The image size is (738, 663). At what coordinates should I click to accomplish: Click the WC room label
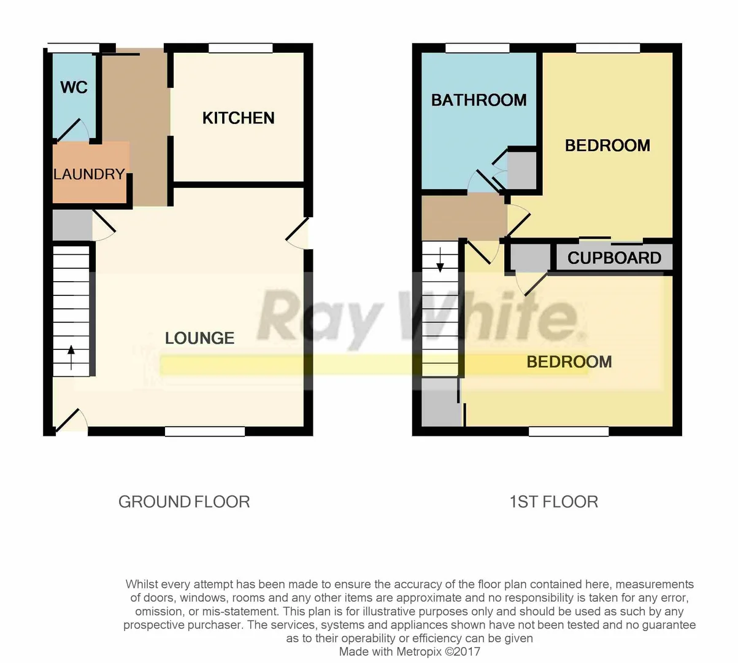pyautogui.click(x=74, y=87)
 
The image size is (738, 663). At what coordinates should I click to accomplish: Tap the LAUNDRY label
pyautogui.click(x=89, y=174)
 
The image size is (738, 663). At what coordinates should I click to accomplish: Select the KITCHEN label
pyautogui.click(x=238, y=118)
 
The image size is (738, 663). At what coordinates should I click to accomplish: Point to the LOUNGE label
pyautogui.click(x=199, y=338)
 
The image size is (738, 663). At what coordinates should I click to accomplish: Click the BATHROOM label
pyautogui.click(x=479, y=100)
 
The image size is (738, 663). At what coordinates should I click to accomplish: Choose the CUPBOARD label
pyautogui.click(x=614, y=258)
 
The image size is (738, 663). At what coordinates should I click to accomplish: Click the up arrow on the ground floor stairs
pyautogui.click(x=71, y=357)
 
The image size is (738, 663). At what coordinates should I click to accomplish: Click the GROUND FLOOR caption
pyautogui.click(x=184, y=502)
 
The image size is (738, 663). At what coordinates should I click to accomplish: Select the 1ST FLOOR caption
pyautogui.click(x=553, y=502)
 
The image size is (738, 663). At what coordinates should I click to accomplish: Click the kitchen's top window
pyautogui.click(x=240, y=48)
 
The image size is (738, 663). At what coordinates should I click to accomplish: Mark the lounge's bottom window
pyautogui.click(x=205, y=432)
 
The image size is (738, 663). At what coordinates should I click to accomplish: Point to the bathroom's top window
pyautogui.click(x=477, y=48)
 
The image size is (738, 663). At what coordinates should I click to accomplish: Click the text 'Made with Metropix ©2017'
pyautogui.click(x=409, y=651)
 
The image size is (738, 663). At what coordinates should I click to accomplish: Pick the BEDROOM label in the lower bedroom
pyautogui.click(x=569, y=362)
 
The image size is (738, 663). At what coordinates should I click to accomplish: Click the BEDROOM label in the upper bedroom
pyautogui.click(x=607, y=145)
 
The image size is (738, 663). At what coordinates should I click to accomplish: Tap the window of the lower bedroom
pyautogui.click(x=569, y=432)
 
